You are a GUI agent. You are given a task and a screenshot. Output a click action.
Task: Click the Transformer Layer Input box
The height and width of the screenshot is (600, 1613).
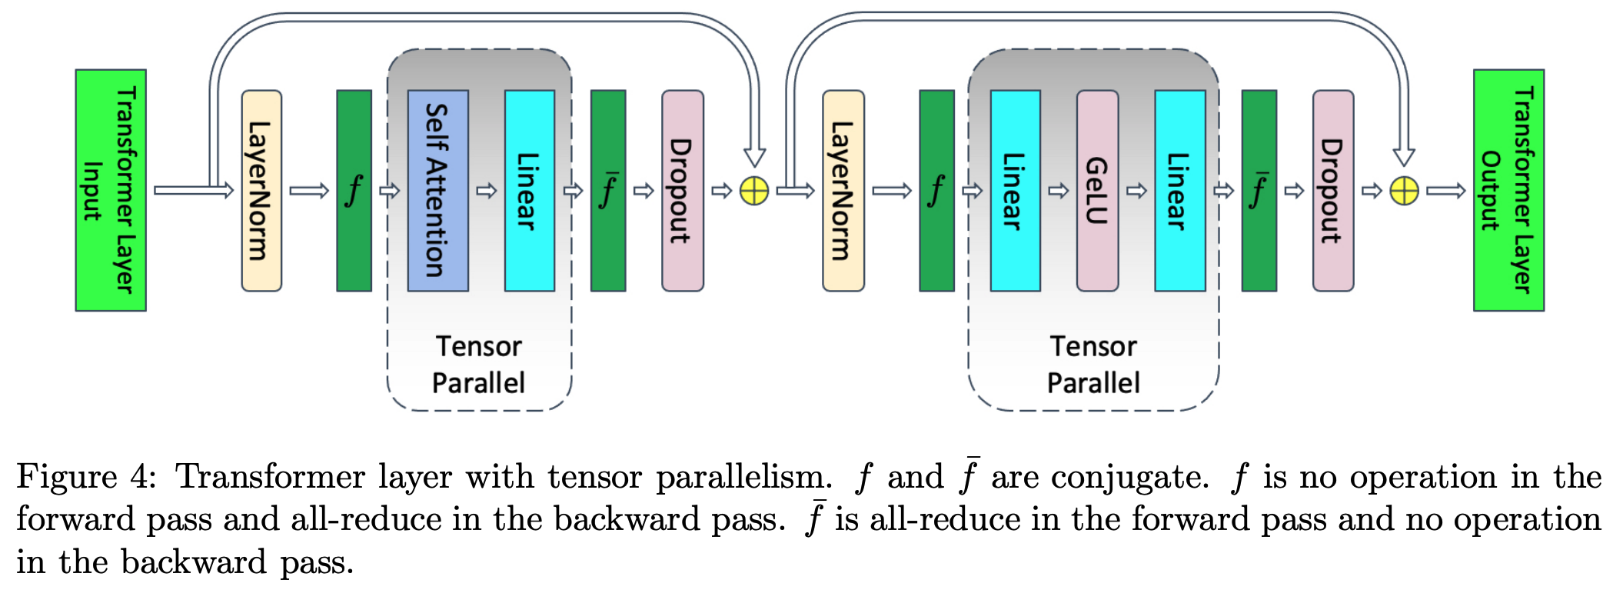tap(111, 190)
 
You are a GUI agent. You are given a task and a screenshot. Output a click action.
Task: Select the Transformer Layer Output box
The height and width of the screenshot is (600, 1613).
tap(1508, 190)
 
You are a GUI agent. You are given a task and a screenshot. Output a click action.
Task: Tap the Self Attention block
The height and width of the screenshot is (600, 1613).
tap(437, 190)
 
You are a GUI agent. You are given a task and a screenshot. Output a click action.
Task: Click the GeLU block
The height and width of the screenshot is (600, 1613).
tap(1097, 190)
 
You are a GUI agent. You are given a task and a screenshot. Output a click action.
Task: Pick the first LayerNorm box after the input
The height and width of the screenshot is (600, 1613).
tap(261, 190)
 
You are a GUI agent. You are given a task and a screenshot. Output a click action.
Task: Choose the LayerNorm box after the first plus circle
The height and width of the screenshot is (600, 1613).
tap(843, 190)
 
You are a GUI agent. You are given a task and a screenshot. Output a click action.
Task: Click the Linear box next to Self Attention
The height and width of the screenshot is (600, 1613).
tap(529, 190)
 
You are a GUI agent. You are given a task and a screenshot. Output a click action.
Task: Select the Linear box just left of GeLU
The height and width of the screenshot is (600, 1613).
tap(1015, 190)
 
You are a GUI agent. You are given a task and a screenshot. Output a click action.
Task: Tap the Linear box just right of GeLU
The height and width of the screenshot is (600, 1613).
tap(1179, 190)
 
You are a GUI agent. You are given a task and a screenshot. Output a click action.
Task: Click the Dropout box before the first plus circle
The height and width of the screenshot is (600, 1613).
tap(682, 190)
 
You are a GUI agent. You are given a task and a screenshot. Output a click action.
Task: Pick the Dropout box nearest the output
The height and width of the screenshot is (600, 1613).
tap(1332, 190)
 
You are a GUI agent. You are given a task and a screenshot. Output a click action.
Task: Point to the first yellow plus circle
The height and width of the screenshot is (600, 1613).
tap(754, 191)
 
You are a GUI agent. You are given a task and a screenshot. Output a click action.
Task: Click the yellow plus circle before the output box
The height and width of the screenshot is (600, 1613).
tap(1404, 191)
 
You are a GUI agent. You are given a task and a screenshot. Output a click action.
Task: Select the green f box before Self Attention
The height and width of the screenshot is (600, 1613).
tap(354, 190)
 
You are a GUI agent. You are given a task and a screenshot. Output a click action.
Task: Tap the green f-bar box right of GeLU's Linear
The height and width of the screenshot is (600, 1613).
tap(1259, 190)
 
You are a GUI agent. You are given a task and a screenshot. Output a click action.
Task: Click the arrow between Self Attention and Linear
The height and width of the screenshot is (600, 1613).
tap(486, 191)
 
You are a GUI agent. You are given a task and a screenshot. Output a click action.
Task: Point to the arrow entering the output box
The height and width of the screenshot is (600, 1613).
tap(1445, 191)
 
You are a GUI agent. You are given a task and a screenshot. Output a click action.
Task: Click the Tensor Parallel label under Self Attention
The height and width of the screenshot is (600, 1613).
tap(478, 365)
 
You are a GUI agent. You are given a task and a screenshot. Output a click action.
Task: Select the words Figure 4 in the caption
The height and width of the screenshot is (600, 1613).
tap(85, 477)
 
